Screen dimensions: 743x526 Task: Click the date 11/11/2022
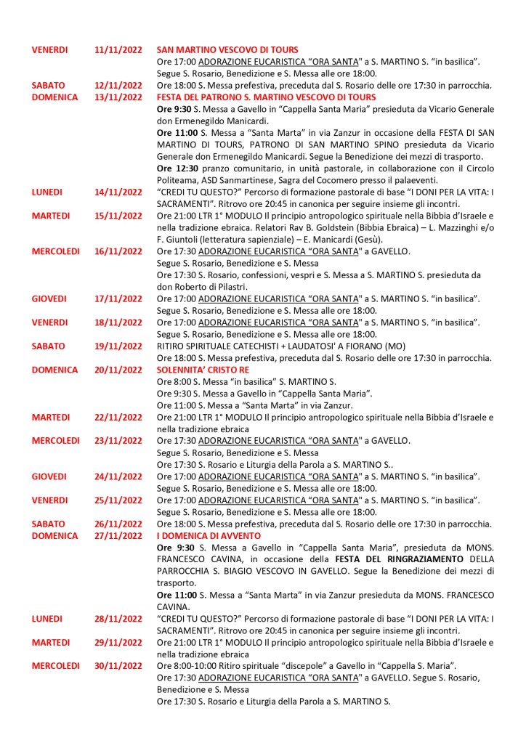[x=119, y=50]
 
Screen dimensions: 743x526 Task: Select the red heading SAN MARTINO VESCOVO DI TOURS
[x=227, y=50]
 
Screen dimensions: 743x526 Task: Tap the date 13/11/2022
[x=119, y=97]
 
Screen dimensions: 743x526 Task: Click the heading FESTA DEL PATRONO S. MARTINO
[x=266, y=97]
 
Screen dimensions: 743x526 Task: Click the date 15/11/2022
[x=119, y=216]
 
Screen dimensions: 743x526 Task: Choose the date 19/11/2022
[x=119, y=346]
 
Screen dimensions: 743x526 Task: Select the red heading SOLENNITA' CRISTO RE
[x=198, y=370]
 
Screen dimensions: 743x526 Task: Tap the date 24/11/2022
[x=119, y=476]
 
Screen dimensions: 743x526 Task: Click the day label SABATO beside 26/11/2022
[x=48, y=524]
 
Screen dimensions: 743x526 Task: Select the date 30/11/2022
[x=119, y=665]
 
